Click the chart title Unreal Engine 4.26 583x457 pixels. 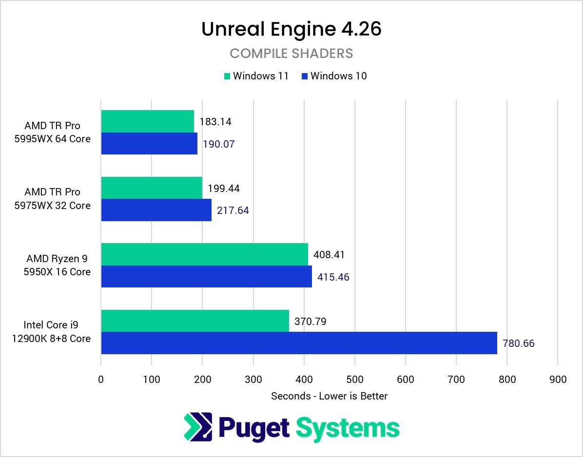pyautogui.click(x=291, y=29)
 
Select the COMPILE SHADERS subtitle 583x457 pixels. pyautogui.click(x=291, y=53)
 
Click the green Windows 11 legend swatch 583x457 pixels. pyautogui.click(x=227, y=76)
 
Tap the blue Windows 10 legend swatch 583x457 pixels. pyautogui.click(x=304, y=76)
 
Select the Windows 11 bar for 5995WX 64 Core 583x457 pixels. pyautogui.click(x=147, y=121)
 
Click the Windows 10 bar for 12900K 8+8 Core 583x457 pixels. pyautogui.click(x=299, y=343)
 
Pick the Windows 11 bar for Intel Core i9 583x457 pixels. pyautogui.click(x=195, y=321)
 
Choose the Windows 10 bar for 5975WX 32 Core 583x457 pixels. pyautogui.click(x=156, y=210)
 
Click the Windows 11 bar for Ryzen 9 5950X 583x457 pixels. pyautogui.click(x=204, y=254)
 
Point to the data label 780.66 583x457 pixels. pyautogui.click(x=518, y=343)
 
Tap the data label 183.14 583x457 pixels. pyautogui.click(x=215, y=122)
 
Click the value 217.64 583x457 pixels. pyautogui.click(x=233, y=210)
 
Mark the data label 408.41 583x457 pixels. pyautogui.click(x=329, y=255)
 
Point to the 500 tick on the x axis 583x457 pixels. pyautogui.click(x=355, y=380)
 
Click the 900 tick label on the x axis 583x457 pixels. pyautogui.click(x=558, y=380)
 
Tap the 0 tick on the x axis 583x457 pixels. pyautogui.click(x=101, y=380)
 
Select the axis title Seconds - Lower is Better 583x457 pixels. pyautogui.click(x=329, y=396)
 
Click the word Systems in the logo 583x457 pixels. pyautogui.click(x=348, y=428)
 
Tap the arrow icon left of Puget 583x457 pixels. pyautogui.click(x=198, y=427)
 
